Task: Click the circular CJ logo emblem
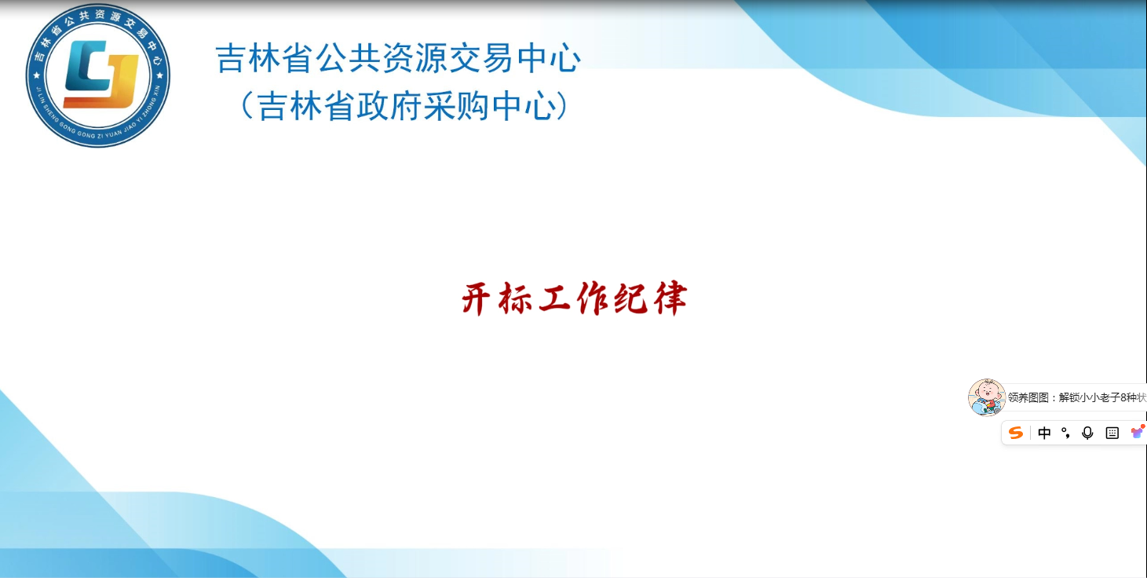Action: pyautogui.click(x=98, y=75)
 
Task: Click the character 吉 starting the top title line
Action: pyautogui.click(x=231, y=58)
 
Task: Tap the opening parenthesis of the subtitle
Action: pyautogui.click(x=247, y=105)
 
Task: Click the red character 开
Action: pyautogui.click(x=476, y=298)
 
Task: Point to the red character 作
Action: pyautogui.click(x=593, y=298)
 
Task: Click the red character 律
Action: pyautogui.click(x=670, y=298)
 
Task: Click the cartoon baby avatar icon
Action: pyautogui.click(x=987, y=397)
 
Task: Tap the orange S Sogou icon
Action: pyautogui.click(x=1015, y=433)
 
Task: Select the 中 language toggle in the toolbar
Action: pyautogui.click(x=1044, y=433)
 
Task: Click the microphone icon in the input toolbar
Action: pyautogui.click(x=1087, y=433)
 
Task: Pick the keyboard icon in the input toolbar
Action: pyautogui.click(x=1112, y=433)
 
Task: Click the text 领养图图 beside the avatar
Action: pyautogui.click(x=1028, y=397)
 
